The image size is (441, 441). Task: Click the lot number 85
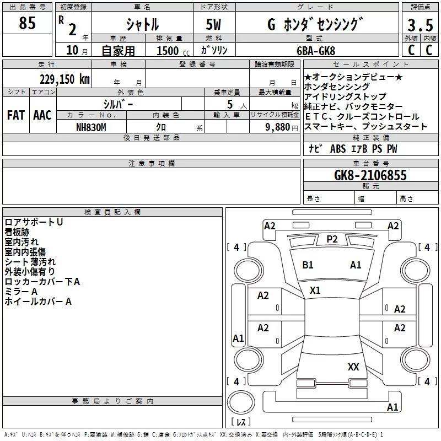(27, 23)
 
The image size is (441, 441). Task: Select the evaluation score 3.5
(419, 25)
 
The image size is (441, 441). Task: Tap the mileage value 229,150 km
(64, 79)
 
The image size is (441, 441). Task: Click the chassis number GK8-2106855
(370, 176)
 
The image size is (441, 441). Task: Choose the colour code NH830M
(91, 127)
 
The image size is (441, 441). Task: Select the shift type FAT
(15, 115)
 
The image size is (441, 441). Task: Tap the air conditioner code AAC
(42, 115)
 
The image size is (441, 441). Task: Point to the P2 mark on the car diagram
(332, 239)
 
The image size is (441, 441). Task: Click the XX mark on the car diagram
(353, 367)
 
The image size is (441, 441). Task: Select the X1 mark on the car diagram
(315, 290)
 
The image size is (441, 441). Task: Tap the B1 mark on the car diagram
(308, 265)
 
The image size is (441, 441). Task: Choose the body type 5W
(214, 25)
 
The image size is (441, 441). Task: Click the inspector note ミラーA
(21, 292)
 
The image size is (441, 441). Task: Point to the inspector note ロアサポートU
(34, 222)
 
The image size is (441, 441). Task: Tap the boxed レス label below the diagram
(240, 422)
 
